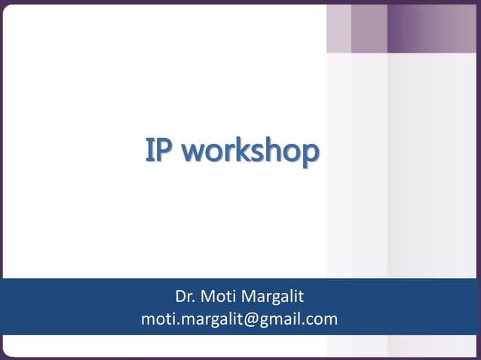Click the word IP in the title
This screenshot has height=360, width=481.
coord(160,151)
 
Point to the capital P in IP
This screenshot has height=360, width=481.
coord(166,151)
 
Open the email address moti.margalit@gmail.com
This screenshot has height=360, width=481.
coord(239,319)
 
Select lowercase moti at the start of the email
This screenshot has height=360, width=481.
coord(155,319)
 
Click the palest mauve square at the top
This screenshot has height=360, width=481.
coord(339,28)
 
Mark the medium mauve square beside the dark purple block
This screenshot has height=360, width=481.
coord(369,28)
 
